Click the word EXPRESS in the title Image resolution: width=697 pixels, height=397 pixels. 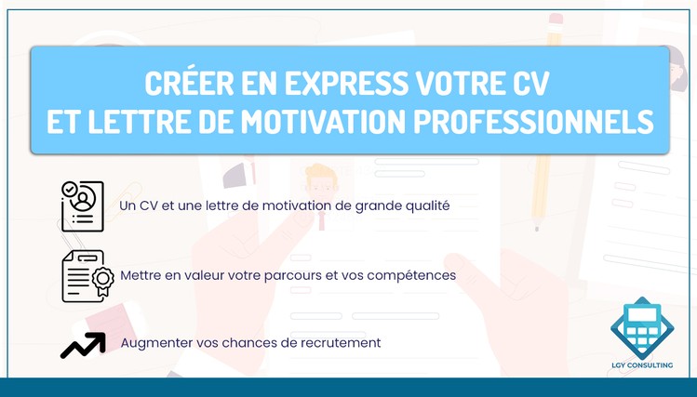[x=346, y=83]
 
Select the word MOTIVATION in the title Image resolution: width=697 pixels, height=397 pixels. [x=323, y=121]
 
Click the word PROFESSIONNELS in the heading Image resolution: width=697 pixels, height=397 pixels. [x=533, y=121]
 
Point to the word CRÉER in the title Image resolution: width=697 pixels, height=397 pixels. [x=190, y=82]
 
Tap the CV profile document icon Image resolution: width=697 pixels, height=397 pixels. [x=83, y=206]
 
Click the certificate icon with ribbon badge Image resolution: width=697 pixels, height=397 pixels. [x=87, y=276]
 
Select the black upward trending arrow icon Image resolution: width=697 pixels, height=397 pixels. [x=83, y=345]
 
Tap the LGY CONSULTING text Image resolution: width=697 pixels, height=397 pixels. [x=642, y=365]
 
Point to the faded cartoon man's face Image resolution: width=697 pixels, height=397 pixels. [x=321, y=183]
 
